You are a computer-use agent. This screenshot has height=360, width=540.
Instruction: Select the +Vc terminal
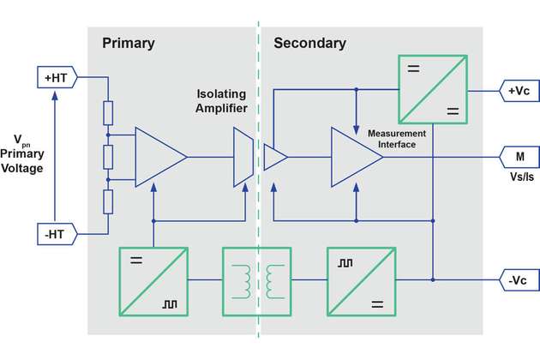point(519,89)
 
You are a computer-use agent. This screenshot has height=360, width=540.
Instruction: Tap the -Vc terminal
point(519,279)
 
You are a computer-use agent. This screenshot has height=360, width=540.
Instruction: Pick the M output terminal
point(519,157)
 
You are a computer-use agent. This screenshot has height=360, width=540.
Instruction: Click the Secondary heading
point(309,43)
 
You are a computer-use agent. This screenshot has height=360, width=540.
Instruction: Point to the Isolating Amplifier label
point(221,100)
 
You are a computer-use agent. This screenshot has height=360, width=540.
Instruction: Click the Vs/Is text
point(519,177)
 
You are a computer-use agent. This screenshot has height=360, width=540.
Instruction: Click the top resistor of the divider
point(108,113)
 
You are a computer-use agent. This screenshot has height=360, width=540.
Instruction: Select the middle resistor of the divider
point(108,158)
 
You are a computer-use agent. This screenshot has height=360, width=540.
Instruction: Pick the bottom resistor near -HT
point(108,202)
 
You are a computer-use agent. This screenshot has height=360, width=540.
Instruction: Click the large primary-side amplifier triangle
point(158,157)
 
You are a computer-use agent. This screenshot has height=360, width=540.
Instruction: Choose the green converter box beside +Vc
point(433,89)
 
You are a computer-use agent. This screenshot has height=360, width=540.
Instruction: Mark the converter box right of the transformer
point(361,279)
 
